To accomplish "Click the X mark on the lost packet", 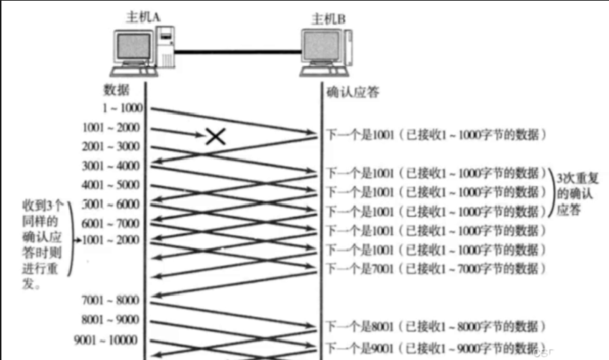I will click(x=214, y=137).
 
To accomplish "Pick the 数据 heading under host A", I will click(x=116, y=89).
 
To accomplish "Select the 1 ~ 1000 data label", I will click(x=122, y=108).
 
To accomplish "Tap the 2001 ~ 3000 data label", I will click(x=112, y=147).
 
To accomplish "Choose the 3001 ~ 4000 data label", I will click(x=112, y=166).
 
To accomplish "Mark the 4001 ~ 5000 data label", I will click(x=112, y=185).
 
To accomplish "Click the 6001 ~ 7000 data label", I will click(x=112, y=223).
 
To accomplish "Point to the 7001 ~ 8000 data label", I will click(x=112, y=300).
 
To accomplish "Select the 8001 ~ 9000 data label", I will click(x=112, y=319).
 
